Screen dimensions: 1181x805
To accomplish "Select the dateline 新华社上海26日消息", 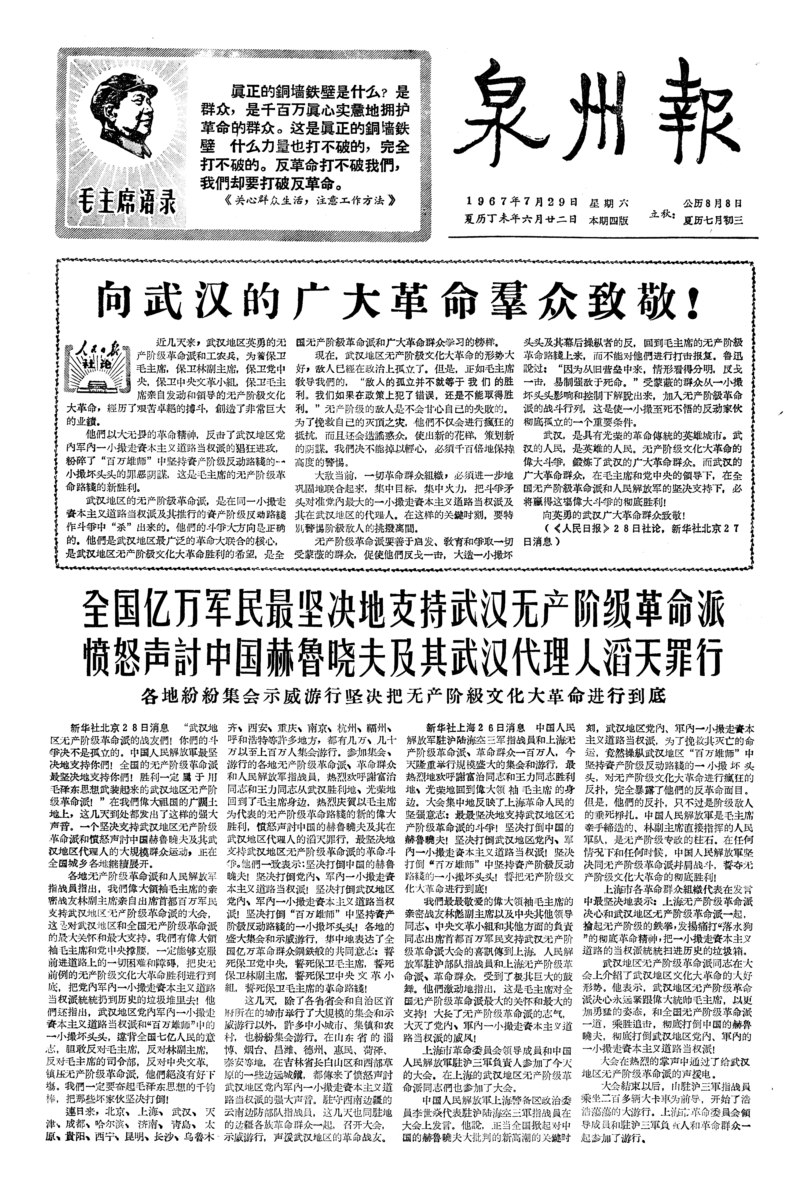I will click(476, 725).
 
